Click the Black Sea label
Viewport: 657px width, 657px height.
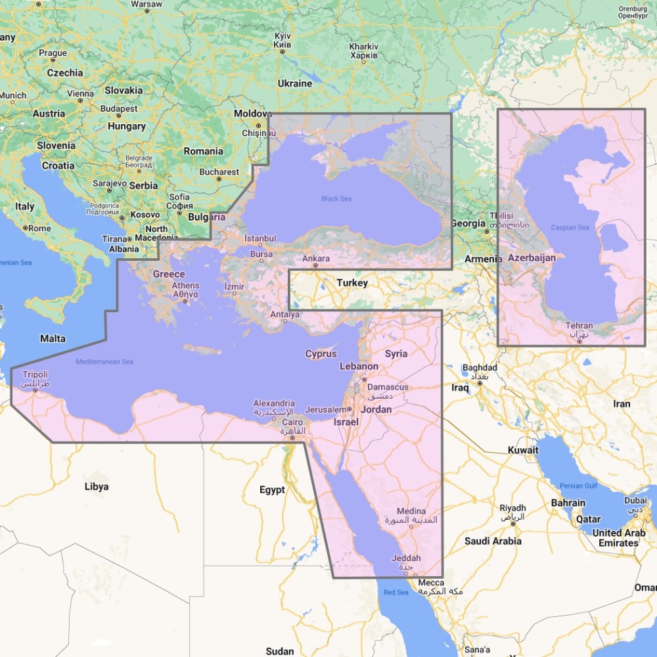coord(336,198)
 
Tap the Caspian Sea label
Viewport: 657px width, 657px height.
coord(570,227)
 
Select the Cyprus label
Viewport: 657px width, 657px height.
coord(321,353)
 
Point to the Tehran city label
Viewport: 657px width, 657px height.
coord(579,326)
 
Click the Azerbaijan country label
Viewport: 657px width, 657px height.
coord(532,258)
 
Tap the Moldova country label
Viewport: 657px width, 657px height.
coord(253,114)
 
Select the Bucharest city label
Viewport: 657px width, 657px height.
coord(219,172)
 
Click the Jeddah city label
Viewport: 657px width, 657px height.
coord(405,558)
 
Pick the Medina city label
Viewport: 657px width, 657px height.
coord(411,511)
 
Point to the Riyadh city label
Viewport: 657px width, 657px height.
coord(512,508)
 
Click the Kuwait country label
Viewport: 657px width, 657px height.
coord(523,450)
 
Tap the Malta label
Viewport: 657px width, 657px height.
coord(53,338)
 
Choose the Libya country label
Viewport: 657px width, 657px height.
coord(97,487)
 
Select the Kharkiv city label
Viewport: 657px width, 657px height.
coord(363,47)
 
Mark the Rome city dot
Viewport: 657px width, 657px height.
coord(26,228)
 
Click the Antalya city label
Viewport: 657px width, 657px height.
coord(284,315)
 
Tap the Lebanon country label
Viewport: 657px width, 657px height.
coord(359,366)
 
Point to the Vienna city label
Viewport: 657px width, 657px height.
coord(80,93)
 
